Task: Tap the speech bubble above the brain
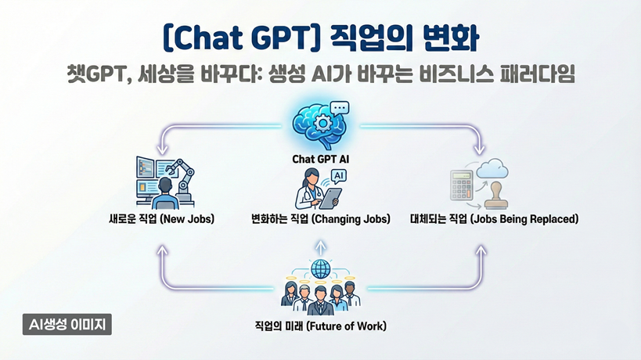pyautogui.click(x=340, y=109)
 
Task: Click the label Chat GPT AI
pyautogui.click(x=321, y=159)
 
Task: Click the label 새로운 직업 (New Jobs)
pyautogui.click(x=161, y=218)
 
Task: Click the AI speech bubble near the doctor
pyautogui.click(x=338, y=177)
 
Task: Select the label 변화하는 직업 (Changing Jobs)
pyautogui.click(x=321, y=219)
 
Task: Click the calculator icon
pyautogui.click(x=462, y=185)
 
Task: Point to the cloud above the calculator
pyautogui.click(x=492, y=168)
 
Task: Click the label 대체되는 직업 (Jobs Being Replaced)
pyautogui.click(x=494, y=219)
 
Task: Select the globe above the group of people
pyautogui.click(x=321, y=269)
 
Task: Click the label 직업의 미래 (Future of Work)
pyautogui.click(x=321, y=326)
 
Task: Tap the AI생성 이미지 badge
pyautogui.click(x=67, y=325)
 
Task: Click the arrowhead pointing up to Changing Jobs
pyautogui.click(x=321, y=244)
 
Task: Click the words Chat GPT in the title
pyautogui.click(x=240, y=38)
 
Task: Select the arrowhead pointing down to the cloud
pyautogui.click(x=480, y=149)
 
